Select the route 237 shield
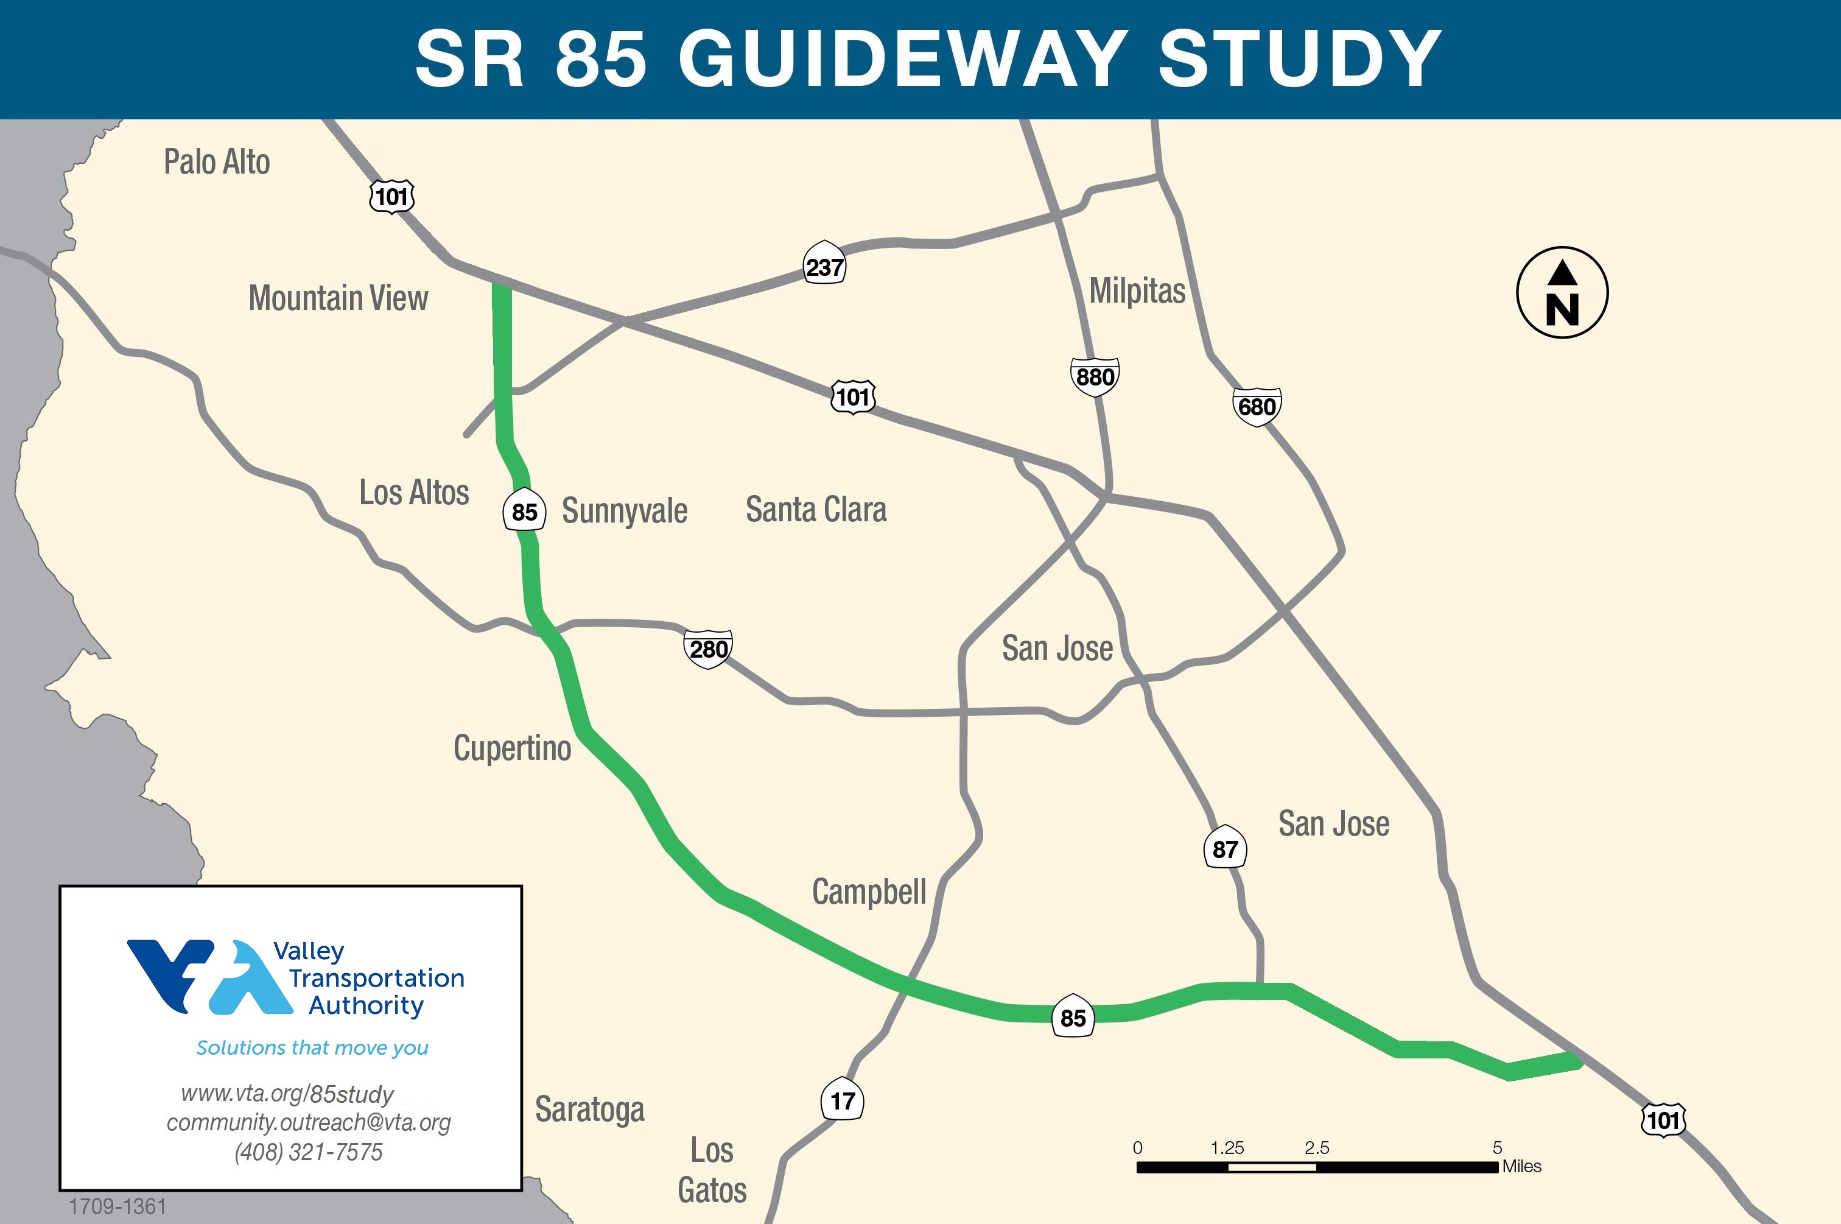[824, 267]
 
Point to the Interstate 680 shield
[1257, 407]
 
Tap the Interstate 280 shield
[708, 649]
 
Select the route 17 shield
[842, 1100]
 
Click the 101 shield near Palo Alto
[392, 197]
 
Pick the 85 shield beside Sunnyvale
[524, 512]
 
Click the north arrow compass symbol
[1562, 293]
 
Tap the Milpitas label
[1137, 291]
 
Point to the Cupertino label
[512, 748]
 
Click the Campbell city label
[869, 892]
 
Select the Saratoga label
[589, 1110]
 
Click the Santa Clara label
[816, 510]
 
